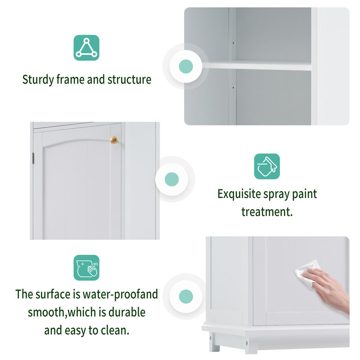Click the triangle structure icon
coord(86,48)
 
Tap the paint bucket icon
coord(267,166)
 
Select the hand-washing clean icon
coord(86,268)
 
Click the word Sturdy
coord(38,80)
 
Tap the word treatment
coord(267,211)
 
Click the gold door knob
coord(114,140)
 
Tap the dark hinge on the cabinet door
coord(33,158)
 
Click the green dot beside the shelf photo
coord(185,67)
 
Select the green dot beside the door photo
coord(172,180)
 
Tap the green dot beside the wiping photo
coord(185,296)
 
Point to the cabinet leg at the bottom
coord(215,345)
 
